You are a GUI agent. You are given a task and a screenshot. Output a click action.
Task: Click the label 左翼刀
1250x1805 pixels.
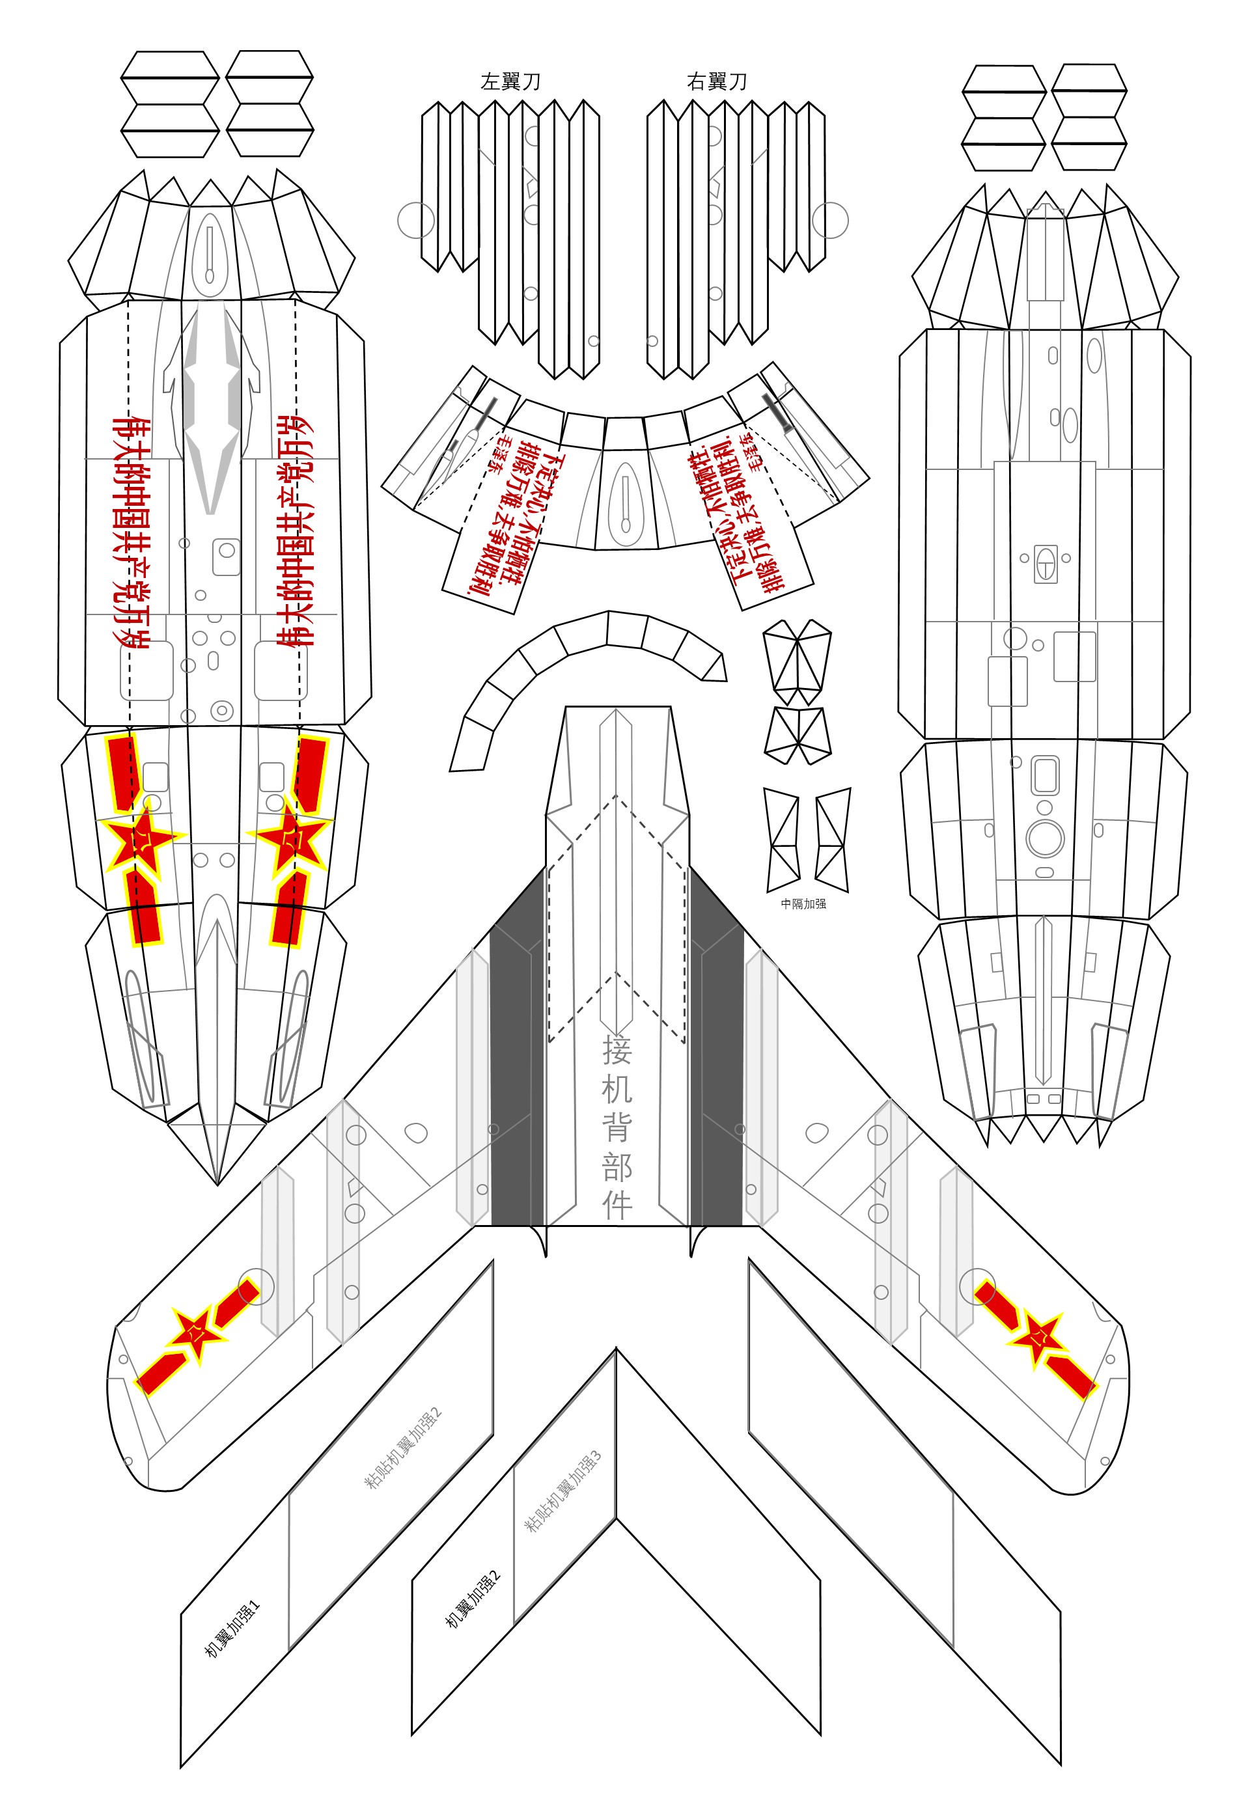tap(510, 81)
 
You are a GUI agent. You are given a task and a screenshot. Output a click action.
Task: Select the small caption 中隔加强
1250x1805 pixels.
tap(803, 903)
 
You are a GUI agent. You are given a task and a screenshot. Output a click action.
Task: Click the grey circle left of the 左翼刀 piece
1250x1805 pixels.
tap(415, 220)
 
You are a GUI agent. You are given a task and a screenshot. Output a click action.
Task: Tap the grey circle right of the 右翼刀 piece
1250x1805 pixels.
tap(830, 220)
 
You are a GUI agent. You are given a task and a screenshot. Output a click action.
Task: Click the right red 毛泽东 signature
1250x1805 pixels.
tap(751, 452)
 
